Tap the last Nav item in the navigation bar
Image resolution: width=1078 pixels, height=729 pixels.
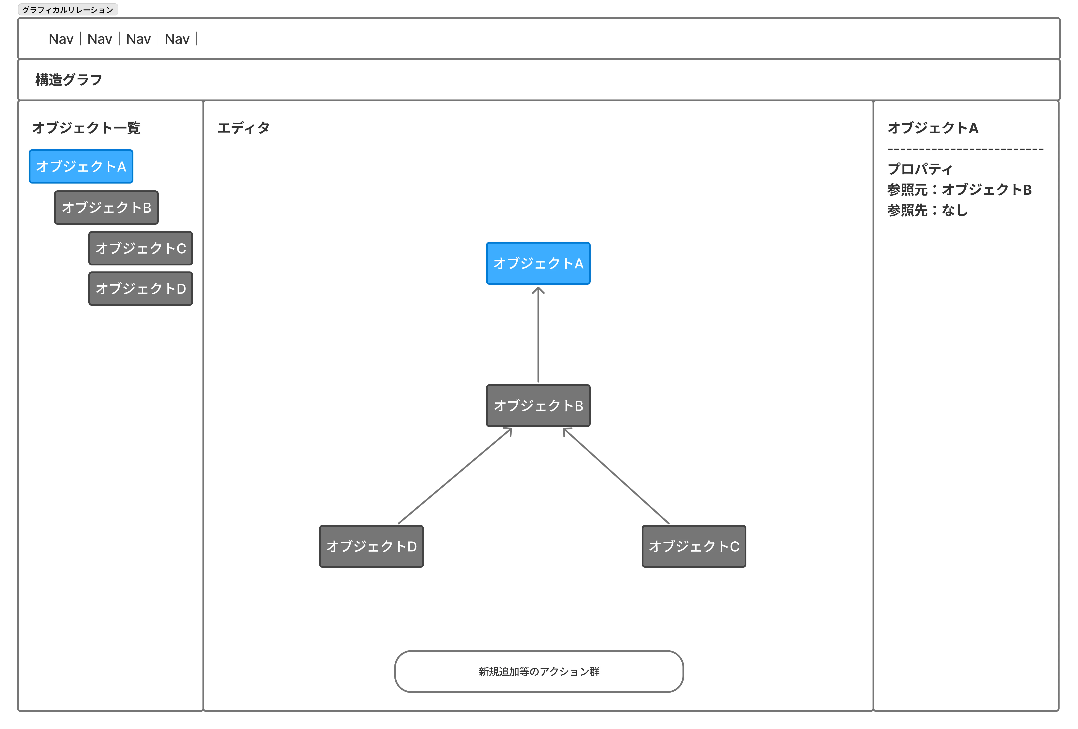coord(177,39)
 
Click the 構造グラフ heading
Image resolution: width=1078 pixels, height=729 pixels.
coord(69,80)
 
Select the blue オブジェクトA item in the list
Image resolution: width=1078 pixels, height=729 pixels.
coord(81,166)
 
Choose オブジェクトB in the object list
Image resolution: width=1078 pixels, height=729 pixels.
coord(106,207)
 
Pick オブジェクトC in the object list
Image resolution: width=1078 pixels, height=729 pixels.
coord(140,248)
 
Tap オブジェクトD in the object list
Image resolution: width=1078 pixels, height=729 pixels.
coord(140,288)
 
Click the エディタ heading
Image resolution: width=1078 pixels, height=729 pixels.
coord(243,128)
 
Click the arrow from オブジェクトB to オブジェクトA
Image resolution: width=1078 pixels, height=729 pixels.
coord(538,334)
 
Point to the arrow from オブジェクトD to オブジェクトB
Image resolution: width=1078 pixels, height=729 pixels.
coord(454,476)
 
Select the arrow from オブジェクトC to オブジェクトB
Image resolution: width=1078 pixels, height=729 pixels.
coord(616,476)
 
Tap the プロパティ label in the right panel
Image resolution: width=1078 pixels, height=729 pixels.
coord(920,169)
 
